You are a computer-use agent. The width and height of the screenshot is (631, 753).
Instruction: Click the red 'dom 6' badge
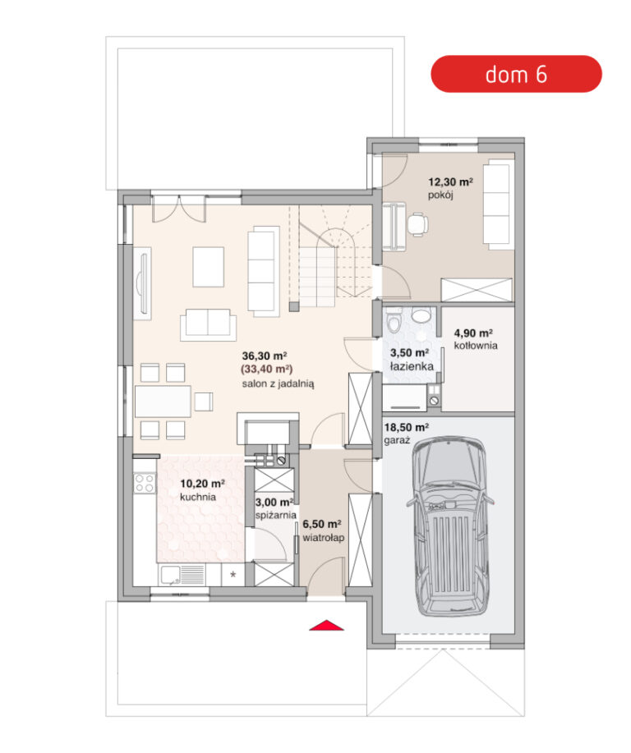516,74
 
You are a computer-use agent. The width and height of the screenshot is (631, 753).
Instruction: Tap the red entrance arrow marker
326,625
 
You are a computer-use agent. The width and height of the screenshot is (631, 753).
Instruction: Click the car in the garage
449,526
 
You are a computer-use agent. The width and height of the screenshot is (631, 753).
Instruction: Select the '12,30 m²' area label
450,182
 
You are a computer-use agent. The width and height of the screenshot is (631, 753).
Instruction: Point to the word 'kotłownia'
476,346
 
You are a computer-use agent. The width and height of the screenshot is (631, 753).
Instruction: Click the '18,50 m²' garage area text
406,427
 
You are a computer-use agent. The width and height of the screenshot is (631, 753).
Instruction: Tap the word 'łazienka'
412,366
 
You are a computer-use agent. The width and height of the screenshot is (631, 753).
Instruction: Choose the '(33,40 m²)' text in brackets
267,370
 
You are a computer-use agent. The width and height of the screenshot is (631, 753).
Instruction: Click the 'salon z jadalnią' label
278,384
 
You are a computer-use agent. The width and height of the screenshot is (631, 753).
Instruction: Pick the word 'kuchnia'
198,497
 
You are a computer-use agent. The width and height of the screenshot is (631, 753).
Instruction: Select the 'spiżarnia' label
275,516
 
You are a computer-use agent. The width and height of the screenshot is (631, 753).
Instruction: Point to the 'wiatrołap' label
324,538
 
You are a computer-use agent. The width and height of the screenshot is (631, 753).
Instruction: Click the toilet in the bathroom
394,320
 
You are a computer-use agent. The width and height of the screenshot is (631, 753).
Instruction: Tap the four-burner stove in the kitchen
144,483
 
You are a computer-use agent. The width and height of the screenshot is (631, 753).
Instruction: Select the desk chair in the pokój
417,224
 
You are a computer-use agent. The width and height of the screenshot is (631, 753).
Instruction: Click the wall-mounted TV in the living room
142,283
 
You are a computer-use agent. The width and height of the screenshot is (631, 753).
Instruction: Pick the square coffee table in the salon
209,267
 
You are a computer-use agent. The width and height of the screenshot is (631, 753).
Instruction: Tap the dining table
163,401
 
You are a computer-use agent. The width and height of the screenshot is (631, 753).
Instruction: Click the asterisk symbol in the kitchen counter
233,574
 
